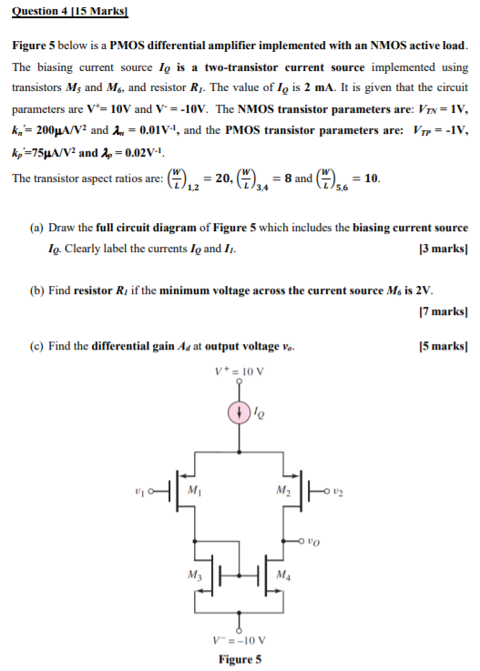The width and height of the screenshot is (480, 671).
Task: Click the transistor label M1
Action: pyautogui.click(x=192, y=489)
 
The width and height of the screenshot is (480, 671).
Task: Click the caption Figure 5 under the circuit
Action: pyautogui.click(x=240, y=659)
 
